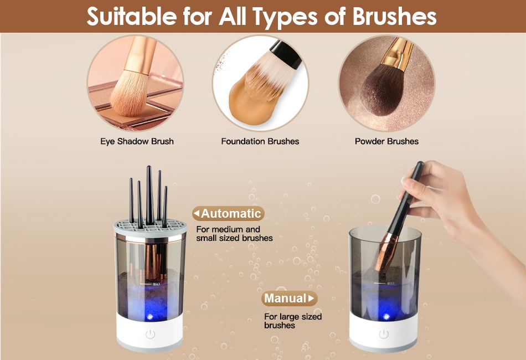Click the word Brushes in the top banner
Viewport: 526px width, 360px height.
[394, 17]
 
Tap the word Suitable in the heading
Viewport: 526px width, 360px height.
[132, 17]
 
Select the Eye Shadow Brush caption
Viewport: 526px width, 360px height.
[137, 141]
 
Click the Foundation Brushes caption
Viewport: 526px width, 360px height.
[260, 141]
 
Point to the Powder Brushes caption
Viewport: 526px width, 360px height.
[386, 141]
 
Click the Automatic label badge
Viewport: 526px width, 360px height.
[228, 213]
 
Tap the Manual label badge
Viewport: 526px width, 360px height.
[289, 298]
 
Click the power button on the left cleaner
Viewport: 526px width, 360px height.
[150, 334]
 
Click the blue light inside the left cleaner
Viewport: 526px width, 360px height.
[150, 316]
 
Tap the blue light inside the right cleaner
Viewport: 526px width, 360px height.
[386, 316]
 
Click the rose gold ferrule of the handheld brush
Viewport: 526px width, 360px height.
[386, 251]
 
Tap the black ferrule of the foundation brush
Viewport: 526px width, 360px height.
[286, 54]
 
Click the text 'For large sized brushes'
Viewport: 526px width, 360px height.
[293, 321]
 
